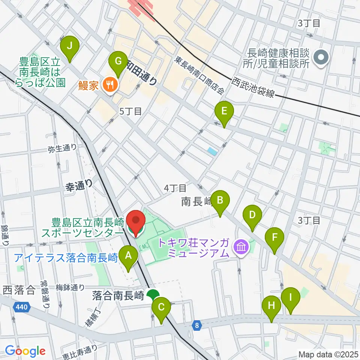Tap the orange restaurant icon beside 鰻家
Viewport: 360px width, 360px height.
(x=109, y=85)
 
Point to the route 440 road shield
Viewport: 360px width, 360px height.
(x=21, y=307)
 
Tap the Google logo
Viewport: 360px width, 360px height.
(x=25, y=351)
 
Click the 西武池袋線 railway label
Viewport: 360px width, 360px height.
(x=254, y=88)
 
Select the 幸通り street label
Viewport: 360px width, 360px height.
(x=79, y=183)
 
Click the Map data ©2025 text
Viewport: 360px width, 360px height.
(x=328, y=354)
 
